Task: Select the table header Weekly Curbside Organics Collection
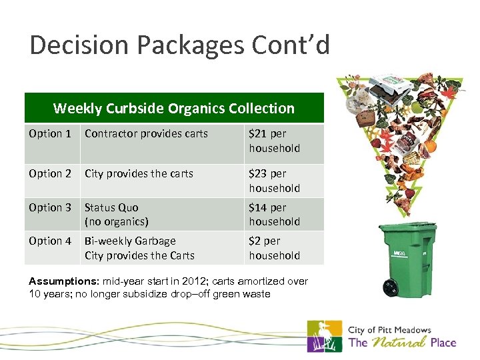point(173,108)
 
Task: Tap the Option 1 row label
point(50,134)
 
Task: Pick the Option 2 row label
point(50,173)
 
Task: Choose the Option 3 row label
point(50,207)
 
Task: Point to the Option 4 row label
point(50,241)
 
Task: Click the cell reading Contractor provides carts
point(146,134)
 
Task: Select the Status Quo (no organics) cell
point(116,214)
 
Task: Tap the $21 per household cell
point(274,141)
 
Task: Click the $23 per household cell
point(274,181)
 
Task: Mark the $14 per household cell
point(274,214)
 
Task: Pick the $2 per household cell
point(274,248)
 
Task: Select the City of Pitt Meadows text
point(390,330)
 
